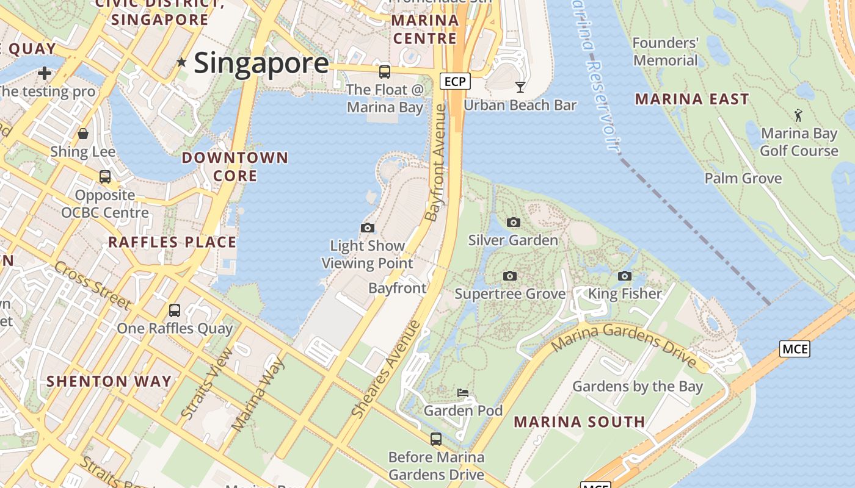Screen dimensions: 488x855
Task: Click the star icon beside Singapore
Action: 181,62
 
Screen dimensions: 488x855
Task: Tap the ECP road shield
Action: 455,81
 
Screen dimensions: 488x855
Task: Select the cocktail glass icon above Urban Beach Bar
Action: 520,87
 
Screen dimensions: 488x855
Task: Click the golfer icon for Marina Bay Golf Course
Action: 798,115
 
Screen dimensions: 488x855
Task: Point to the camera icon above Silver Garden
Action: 513,223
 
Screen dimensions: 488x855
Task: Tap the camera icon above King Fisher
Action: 624,276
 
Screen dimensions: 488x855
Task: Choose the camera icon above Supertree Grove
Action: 509,276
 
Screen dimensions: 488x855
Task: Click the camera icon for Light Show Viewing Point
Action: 367,228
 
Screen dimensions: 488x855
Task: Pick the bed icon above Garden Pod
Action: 463,392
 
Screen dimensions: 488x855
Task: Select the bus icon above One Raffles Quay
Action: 175,310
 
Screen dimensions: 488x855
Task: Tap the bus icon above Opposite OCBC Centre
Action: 105,177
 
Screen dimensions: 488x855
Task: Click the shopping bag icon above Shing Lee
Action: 83,134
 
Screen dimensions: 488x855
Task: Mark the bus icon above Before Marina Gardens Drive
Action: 436,439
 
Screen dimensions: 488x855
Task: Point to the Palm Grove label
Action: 743,178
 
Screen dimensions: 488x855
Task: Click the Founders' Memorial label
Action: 665,52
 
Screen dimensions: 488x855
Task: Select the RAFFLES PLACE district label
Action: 172,242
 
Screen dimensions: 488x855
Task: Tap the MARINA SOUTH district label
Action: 579,422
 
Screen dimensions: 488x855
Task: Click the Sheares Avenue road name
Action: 386,368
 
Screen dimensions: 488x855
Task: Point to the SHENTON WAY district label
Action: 109,381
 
